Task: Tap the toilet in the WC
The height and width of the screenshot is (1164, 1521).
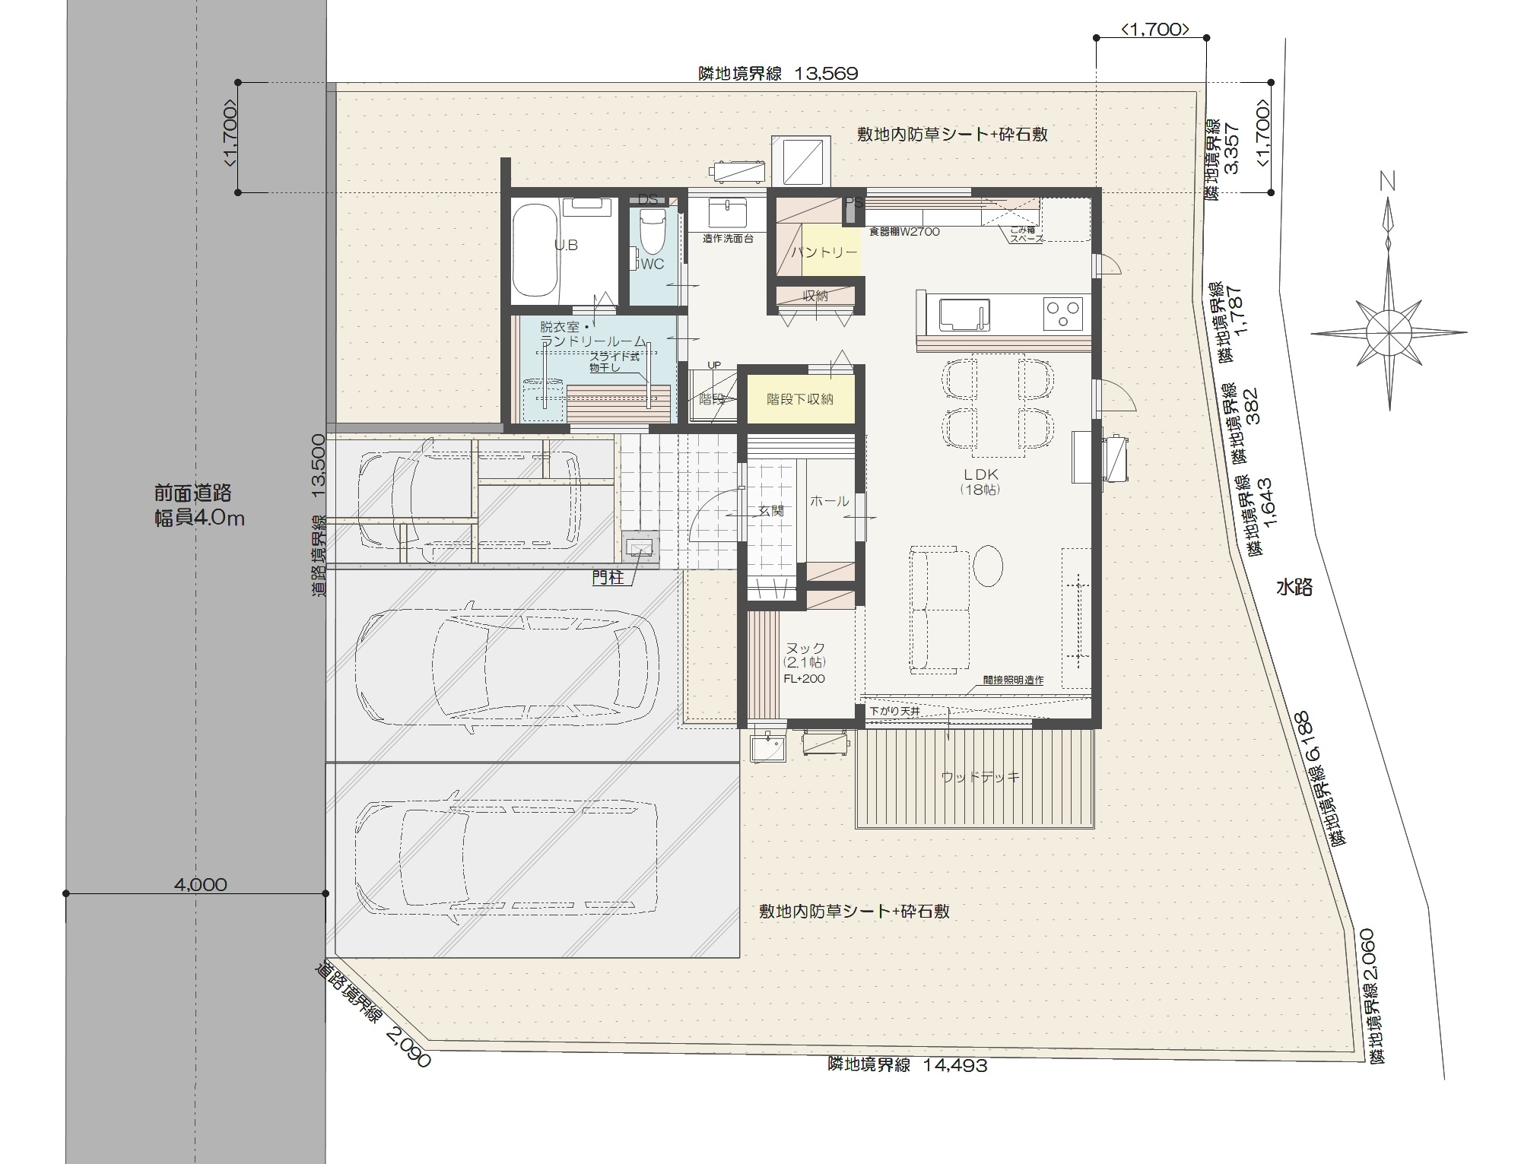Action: [653, 231]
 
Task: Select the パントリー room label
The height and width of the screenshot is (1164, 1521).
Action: [824, 252]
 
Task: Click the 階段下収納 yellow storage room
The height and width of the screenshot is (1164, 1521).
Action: [799, 399]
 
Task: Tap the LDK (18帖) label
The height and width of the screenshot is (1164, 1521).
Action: [980, 481]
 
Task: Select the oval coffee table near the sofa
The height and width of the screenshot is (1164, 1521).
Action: [987, 565]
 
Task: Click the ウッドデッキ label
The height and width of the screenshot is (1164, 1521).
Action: [980, 777]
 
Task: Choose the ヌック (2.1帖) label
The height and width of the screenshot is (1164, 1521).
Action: [805, 655]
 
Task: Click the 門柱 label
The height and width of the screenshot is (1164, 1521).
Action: [608, 578]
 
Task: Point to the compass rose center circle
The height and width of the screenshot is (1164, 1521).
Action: [1389, 332]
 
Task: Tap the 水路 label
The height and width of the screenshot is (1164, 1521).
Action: [1294, 587]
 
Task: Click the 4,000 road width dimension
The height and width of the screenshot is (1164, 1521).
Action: [200, 884]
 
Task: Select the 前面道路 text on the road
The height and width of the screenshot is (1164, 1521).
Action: [192, 493]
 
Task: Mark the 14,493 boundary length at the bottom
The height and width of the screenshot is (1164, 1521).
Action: [955, 1065]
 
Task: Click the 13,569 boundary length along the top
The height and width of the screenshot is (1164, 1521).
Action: [826, 74]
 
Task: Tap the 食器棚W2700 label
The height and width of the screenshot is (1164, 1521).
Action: [904, 232]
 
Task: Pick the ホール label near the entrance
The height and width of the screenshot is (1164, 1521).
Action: [829, 501]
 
